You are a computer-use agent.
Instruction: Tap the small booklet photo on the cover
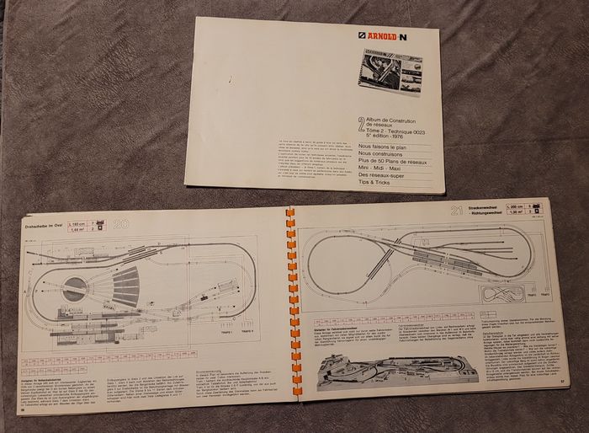pyautogui.click(x=389, y=78)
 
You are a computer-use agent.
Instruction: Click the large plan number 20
pyautogui.click(x=120, y=225)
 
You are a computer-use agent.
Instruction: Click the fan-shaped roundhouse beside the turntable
pyautogui.click(x=125, y=287)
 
